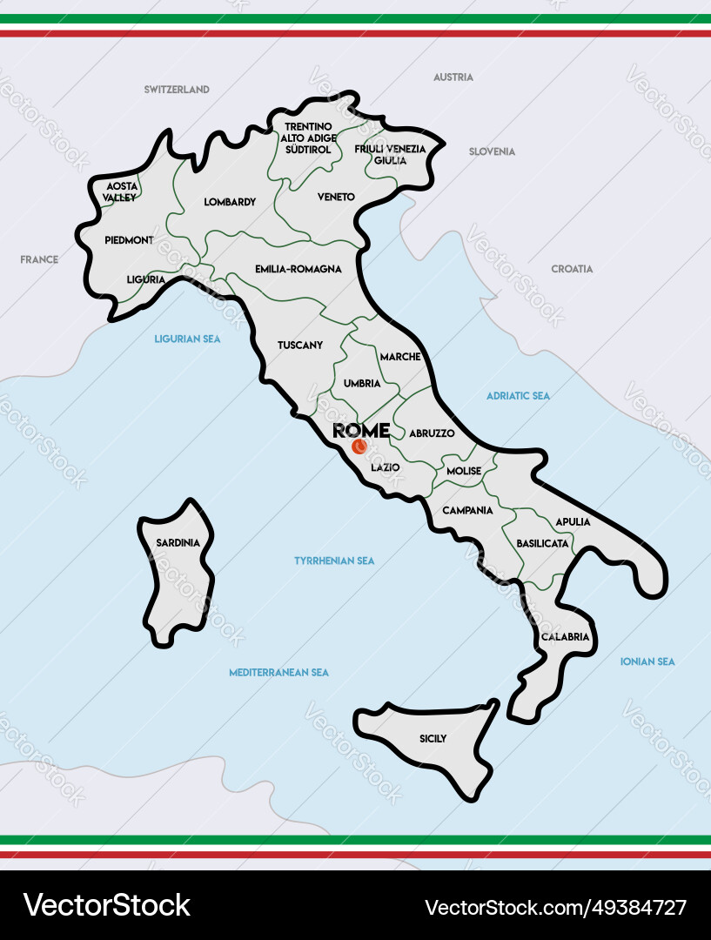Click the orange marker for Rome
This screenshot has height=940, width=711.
[358, 447]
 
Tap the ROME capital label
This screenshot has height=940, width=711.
[361, 430]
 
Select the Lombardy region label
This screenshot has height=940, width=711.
[230, 202]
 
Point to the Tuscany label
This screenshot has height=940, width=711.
[300, 345]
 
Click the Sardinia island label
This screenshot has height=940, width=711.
[178, 542]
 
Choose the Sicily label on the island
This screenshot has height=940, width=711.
[433, 738]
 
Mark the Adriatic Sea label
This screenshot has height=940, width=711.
[518, 395]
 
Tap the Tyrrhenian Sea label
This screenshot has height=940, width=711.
[334, 561]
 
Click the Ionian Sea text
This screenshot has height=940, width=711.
[647, 661]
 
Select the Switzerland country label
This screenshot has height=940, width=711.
[177, 90]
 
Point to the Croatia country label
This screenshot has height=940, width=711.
[572, 269]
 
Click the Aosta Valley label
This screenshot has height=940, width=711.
[119, 191]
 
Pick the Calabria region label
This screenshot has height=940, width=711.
[565, 636]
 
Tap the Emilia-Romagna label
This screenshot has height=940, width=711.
[298, 269]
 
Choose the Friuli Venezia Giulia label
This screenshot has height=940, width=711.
[390, 154]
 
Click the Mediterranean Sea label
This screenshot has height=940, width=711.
[278, 672]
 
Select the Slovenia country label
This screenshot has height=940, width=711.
[492, 151]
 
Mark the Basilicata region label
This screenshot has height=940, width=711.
[542, 542]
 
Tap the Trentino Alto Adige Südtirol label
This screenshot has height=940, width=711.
[307, 138]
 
